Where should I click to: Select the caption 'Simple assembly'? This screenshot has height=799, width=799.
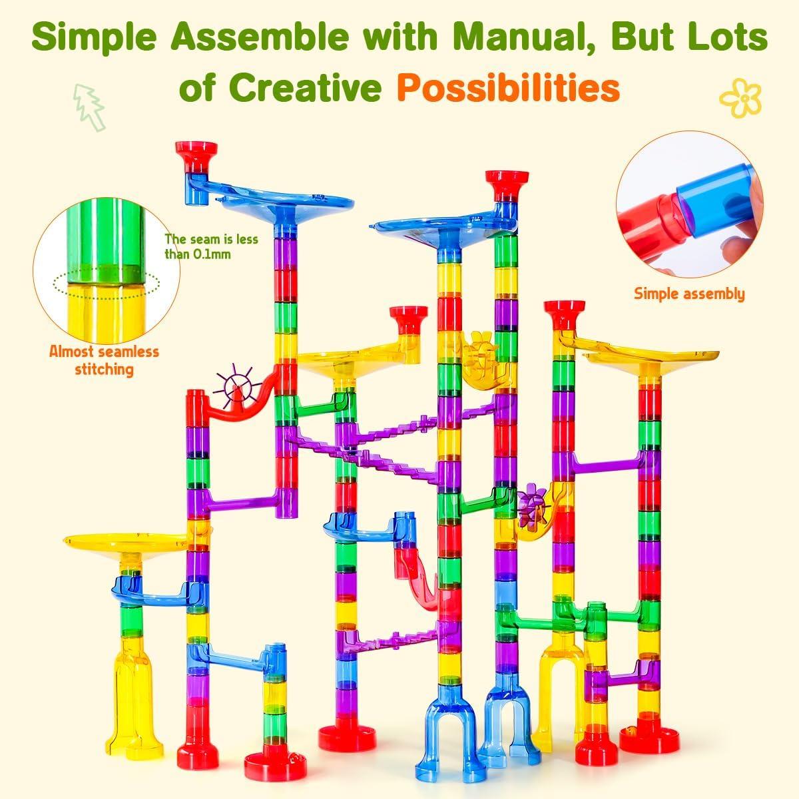[x=689, y=294]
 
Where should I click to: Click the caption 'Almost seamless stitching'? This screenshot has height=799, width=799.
[x=104, y=360]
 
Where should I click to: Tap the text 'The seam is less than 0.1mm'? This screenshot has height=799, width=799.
[x=198, y=246]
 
